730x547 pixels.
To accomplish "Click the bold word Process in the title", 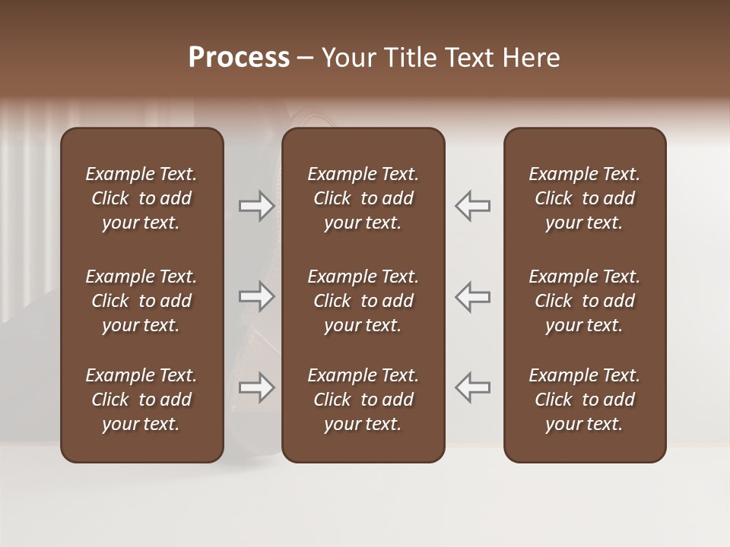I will coord(239,58).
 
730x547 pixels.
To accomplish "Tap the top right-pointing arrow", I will coord(256,206).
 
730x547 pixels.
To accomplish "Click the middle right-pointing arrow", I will coord(256,296).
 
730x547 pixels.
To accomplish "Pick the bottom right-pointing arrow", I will coord(256,387).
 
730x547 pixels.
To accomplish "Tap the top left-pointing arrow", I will coord(473,206).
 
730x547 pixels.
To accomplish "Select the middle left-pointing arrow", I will coord(473,296).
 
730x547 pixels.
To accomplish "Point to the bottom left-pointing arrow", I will coord(473,387).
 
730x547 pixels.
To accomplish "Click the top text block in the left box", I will coord(141,198).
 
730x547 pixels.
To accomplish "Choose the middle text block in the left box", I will coord(141,301).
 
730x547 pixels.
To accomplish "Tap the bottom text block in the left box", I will coord(141,400).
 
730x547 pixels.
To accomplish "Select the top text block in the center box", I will coord(363,198).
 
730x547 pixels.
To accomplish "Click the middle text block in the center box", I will coord(363,301).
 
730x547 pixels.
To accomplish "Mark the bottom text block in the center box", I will coord(363,400).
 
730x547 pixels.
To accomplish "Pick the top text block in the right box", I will coord(584,198).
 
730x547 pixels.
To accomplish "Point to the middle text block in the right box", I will coord(584,301).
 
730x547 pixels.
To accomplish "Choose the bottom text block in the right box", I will coord(584,400).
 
